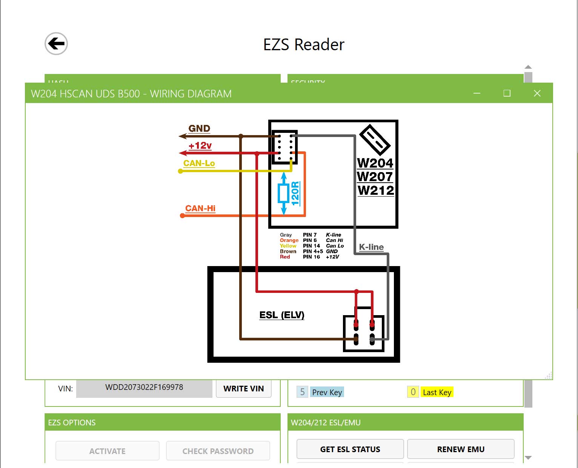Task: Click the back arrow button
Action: coord(56,44)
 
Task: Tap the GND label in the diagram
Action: coord(199,129)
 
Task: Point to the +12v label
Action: coord(200,145)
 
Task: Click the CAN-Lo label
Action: coord(199,163)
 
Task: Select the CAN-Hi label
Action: coord(200,208)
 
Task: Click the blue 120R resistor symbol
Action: coord(284,194)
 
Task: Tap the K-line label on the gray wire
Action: coord(371,247)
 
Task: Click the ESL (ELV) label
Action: coord(282,315)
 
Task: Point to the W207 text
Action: coord(375,177)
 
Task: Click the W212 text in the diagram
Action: coord(376,190)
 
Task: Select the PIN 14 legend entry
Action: coord(311,246)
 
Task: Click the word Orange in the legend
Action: coord(289,240)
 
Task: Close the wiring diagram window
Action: coord(537,93)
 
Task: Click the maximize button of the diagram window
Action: coord(507,93)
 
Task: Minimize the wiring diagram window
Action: coord(477,93)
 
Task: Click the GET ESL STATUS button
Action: coord(350,449)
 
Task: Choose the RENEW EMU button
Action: coord(461,449)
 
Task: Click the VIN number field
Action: coord(144,388)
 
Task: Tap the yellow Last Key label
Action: coord(437,393)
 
